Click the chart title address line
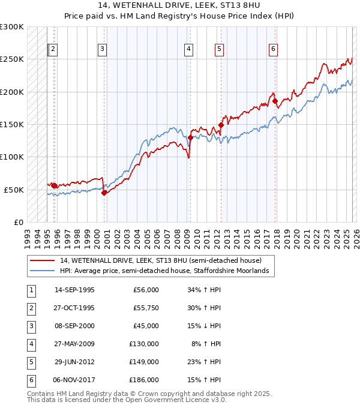[180, 6]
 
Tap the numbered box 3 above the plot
[103, 49]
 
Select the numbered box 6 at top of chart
[273, 49]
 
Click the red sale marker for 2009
[191, 137]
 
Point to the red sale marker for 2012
[221, 125]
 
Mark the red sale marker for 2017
[275, 101]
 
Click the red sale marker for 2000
[104, 193]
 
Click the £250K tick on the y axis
[12, 59]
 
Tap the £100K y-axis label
[12, 157]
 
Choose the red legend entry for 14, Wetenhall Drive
[160, 261]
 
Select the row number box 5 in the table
[31, 362]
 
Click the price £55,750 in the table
[145, 308]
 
